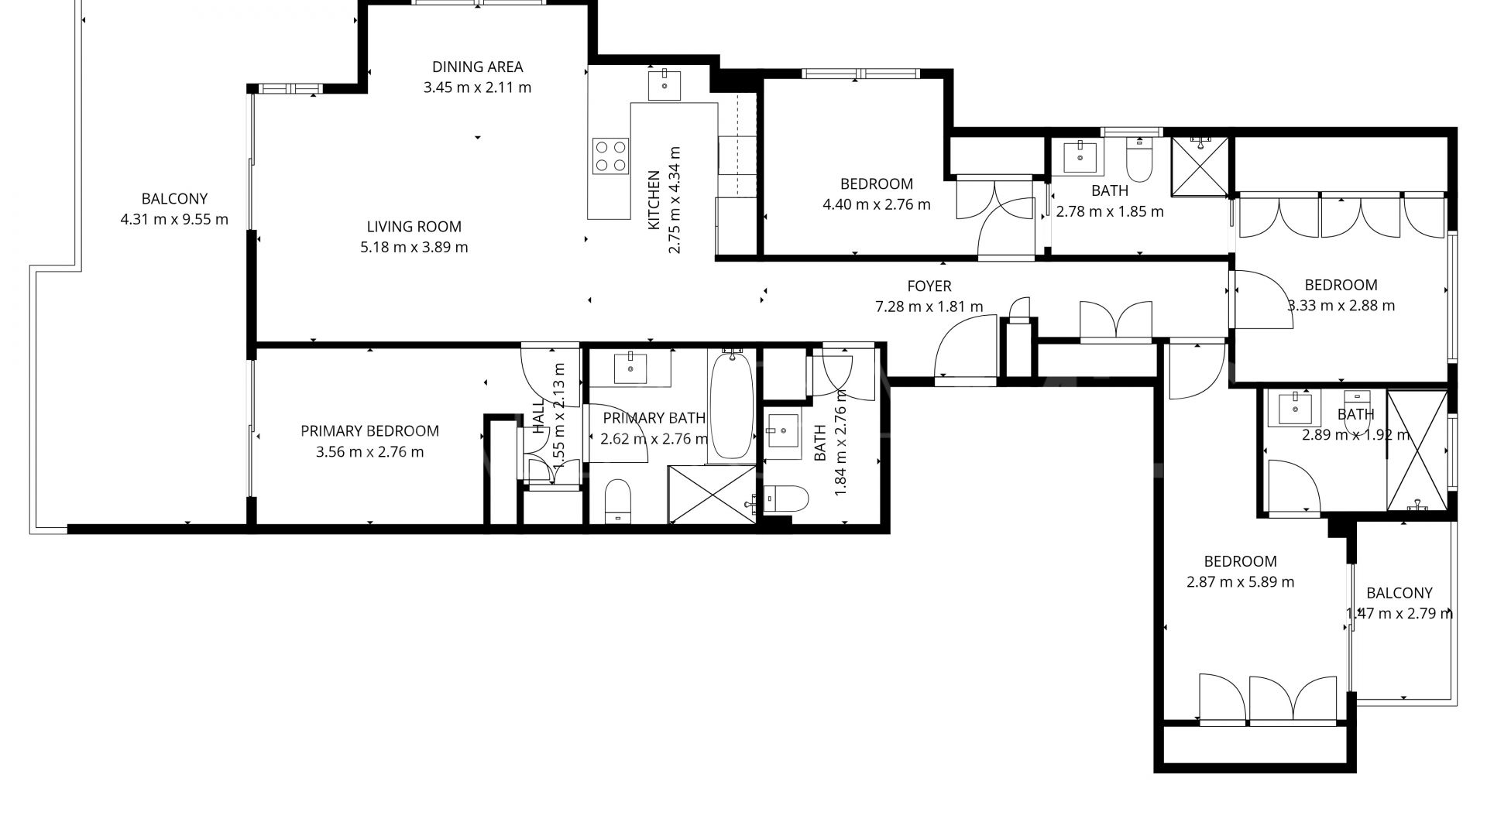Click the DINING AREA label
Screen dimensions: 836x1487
pyautogui.click(x=477, y=67)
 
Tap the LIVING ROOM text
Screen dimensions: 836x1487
pyautogui.click(x=414, y=227)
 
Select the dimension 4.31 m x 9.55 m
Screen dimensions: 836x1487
pyautogui.click(x=174, y=219)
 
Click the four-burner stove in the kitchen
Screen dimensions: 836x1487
pyautogui.click(x=610, y=155)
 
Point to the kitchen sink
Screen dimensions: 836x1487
pyautogui.click(x=664, y=85)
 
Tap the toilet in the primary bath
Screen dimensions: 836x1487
pyautogui.click(x=617, y=499)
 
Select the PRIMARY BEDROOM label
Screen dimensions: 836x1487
pyautogui.click(x=369, y=431)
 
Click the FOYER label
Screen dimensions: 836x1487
pyautogui.click(x=929, y=286)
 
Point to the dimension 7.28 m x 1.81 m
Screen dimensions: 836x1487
pyautogui.click(x=929, y=307)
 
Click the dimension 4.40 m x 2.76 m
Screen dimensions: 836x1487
pyautogui.click(x=876, y=204)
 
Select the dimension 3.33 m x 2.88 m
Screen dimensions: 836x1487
pyautogui.click(x=1341, y=305)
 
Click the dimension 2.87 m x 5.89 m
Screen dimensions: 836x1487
pyautogui.click(x=1240, y=582)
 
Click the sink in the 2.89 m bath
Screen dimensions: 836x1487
pyautogui.click(x=1294, y=408)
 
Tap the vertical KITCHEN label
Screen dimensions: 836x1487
pyautogui.click(x=654, y=199)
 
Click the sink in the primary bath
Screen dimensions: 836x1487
pyautogui.click(x=630, y=367)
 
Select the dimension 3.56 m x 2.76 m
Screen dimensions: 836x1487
pyautogui.click(x=369, y=452)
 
